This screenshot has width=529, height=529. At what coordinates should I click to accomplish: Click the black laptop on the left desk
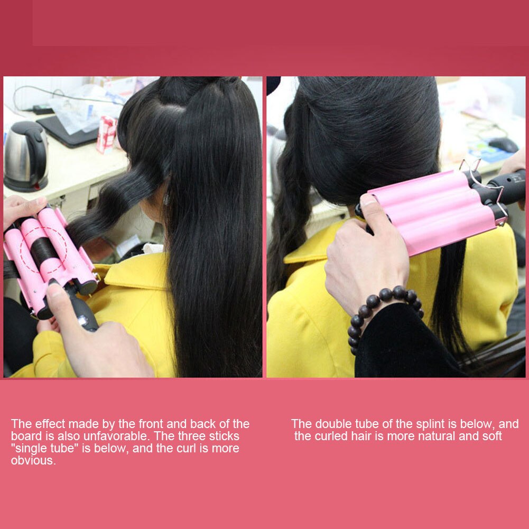point(66,132)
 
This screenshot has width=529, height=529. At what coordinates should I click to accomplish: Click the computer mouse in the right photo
point(503,144)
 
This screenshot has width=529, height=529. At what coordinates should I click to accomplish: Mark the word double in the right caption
point(331,424)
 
